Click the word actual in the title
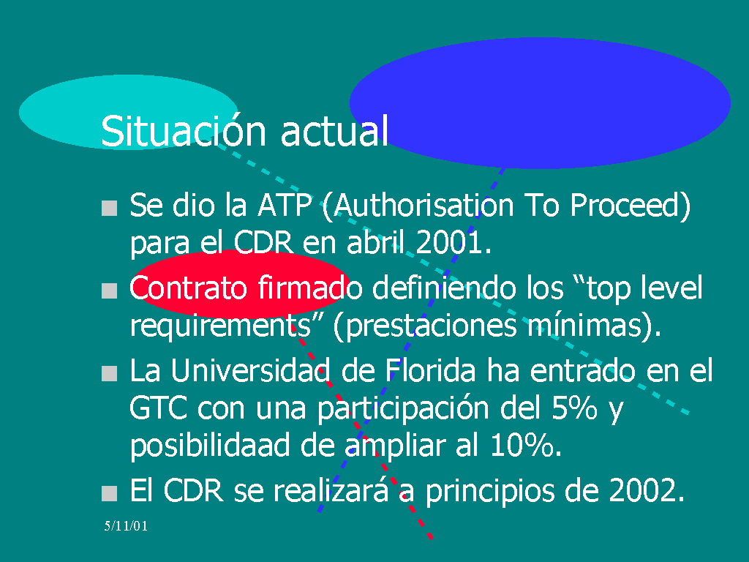coord(334,130)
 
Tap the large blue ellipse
coord(540,102)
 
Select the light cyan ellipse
coord(128,112)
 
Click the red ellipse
coord(240,284)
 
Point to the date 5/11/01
coord(126,526)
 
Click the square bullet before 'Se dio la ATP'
coord(110,208)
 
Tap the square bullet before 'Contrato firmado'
coord(110,291)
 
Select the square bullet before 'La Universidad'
coord(110,373)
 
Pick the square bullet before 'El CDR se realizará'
coord(110,493)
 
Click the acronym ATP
coord(285,206)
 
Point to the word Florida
coord(430,370)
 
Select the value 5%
coord(575,408)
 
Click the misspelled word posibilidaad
coord(210,446)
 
